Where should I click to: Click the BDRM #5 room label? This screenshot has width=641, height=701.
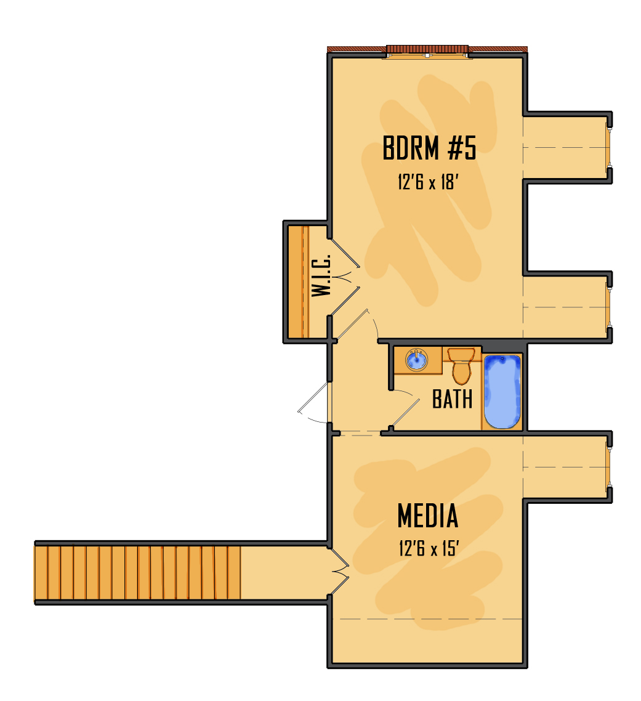(429, 148)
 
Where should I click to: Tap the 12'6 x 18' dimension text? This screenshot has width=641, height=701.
(428, 182)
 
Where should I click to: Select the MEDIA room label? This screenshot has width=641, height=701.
(428, 516)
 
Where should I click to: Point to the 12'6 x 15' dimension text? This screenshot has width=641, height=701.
(429, 548)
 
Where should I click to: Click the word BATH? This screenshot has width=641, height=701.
(452, 399)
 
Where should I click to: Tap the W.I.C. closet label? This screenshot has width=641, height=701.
(321, 275)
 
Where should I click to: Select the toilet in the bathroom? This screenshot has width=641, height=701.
(461, 366)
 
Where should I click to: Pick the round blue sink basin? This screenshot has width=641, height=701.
(417, 360)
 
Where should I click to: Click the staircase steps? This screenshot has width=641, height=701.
(138, 573)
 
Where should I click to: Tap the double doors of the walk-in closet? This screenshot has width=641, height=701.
(345, 277)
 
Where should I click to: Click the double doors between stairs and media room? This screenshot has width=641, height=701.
(339, 572)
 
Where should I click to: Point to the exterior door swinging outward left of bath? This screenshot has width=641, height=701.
(313, 402)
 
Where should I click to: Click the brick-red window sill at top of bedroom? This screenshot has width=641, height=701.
(427, 49)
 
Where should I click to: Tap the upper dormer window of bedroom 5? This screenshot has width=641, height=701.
(609, 148)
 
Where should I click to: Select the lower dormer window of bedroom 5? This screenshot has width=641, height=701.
(609, 307)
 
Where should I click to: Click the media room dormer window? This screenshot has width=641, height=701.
(609, 467)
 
